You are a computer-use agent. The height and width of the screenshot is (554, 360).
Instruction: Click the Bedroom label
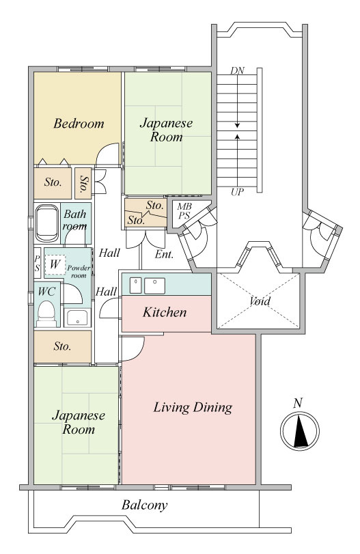79,124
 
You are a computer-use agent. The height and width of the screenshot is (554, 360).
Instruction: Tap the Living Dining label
193,407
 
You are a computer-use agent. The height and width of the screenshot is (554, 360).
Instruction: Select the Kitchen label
165,312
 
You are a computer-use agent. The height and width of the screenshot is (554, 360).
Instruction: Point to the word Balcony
145,505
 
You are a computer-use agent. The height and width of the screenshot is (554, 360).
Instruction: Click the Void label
260,301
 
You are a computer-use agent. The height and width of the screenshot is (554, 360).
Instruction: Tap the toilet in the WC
46,314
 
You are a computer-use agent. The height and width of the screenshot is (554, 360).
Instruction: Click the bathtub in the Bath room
46,223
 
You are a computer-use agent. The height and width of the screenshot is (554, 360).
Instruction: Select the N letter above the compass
299,403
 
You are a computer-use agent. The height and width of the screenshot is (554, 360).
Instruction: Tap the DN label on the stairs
238,70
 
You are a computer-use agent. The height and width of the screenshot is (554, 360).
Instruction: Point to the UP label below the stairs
238,192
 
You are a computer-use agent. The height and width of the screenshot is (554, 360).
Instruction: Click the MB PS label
184,211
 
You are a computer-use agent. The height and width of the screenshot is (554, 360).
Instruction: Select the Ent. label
164,254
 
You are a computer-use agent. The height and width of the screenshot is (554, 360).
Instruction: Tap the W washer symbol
55,264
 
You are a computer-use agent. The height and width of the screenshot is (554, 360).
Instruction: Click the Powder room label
79,272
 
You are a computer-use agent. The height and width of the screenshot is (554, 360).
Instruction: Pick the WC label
46,292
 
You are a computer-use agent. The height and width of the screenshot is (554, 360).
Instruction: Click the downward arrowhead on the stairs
238,125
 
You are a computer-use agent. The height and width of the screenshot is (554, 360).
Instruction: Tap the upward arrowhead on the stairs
238,136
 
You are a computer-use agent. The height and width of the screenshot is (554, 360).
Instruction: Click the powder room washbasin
77,318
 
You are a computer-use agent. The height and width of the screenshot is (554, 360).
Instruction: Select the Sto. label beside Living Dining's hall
62,346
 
